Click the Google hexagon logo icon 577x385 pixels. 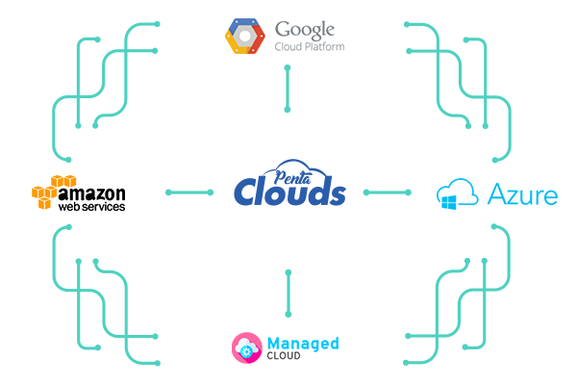244,35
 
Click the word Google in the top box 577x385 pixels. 307,28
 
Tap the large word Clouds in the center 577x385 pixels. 289,192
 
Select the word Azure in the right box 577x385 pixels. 522,196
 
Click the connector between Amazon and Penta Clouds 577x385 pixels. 188,192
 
